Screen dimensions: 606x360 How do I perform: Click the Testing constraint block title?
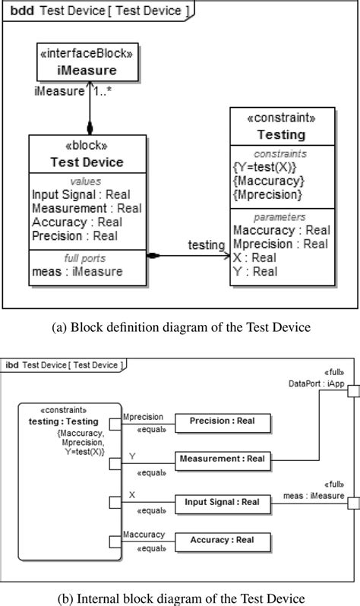point(282,134)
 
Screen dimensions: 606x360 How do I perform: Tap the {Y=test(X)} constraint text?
point(264,167)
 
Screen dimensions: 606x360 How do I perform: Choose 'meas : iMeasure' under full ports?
point(77,271)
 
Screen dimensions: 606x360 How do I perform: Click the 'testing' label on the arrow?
point(207,245)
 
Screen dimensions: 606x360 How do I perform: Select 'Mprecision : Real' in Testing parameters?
point(280,244)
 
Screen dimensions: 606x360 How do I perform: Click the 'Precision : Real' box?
point(222,420)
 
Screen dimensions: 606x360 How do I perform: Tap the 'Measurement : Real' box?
point(222,459)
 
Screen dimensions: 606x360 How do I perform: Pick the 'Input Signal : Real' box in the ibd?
point(222,502)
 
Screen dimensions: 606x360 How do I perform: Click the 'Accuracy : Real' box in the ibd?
point(222,541)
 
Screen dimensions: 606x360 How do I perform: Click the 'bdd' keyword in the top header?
point(21,11)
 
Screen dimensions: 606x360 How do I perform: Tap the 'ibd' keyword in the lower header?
point(13,365)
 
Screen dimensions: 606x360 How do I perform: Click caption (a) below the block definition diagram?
point(179,329)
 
